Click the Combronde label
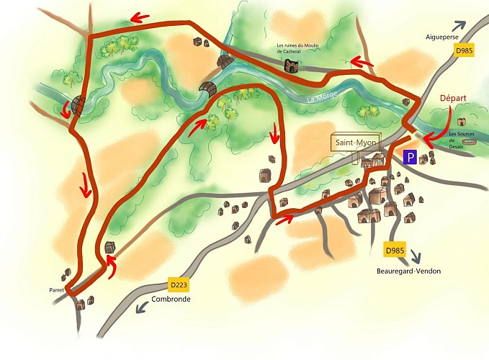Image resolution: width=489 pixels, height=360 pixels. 171,299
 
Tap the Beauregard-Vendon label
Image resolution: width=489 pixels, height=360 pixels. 408,271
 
